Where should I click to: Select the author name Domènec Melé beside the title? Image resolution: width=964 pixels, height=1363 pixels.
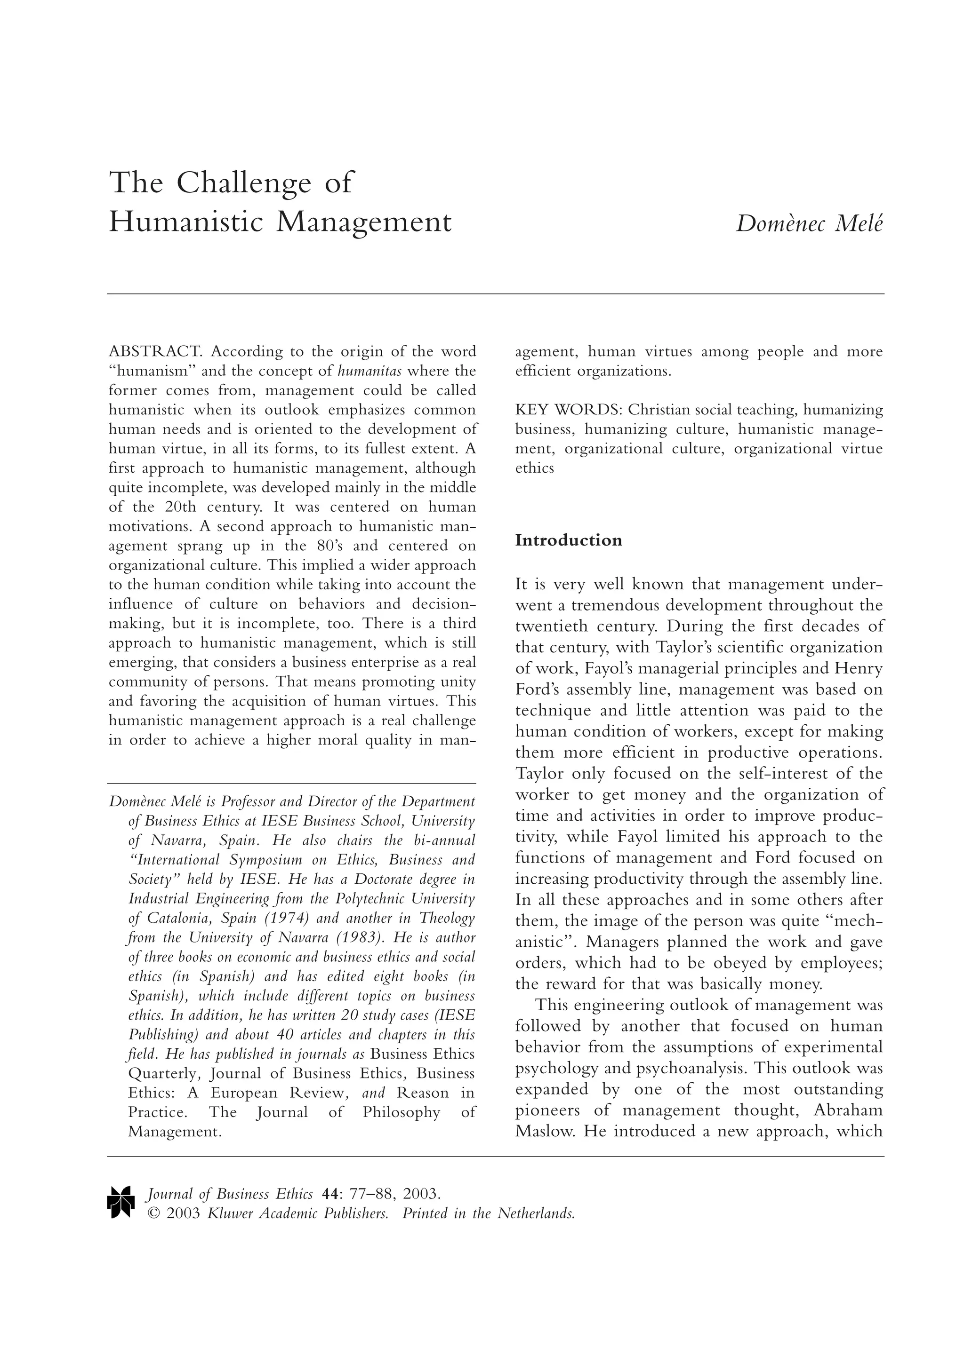click(x=809, y=224)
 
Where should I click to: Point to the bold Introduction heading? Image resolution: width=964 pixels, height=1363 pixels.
click(x=569, y=540)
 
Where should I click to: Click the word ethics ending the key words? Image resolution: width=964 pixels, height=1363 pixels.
click(x=535, y=468)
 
